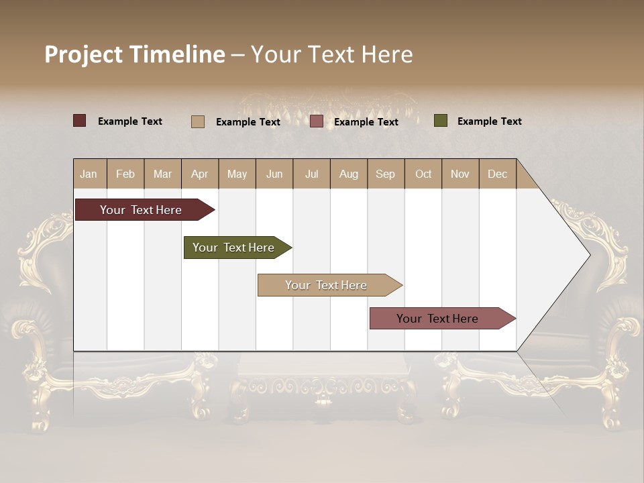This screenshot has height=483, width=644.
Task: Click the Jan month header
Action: click(x=89, y=174)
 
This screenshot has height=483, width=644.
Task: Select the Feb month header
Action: click(x=125, y=174)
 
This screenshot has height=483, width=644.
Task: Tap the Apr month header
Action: click(x=199, y=174)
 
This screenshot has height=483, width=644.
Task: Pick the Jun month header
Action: click(x=274, y=174)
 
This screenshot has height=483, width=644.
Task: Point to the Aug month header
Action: click(x=349, y=174)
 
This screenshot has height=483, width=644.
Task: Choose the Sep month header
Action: click(x=385, y=174)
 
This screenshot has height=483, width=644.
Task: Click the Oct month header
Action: click(x=423, y=174)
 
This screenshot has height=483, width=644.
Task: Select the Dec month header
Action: click(x=497, y=174)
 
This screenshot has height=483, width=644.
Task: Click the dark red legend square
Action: click(x=80, y=121)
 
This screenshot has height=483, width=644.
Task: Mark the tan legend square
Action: click(x=198, y=121)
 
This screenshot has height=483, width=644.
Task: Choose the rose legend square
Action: click(x=317, y=121)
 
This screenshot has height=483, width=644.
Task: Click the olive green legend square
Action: click(x=441, y=121)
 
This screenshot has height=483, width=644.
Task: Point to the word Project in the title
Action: click(x=84, y=54)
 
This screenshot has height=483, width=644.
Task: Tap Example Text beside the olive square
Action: click(x=489, y=121)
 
